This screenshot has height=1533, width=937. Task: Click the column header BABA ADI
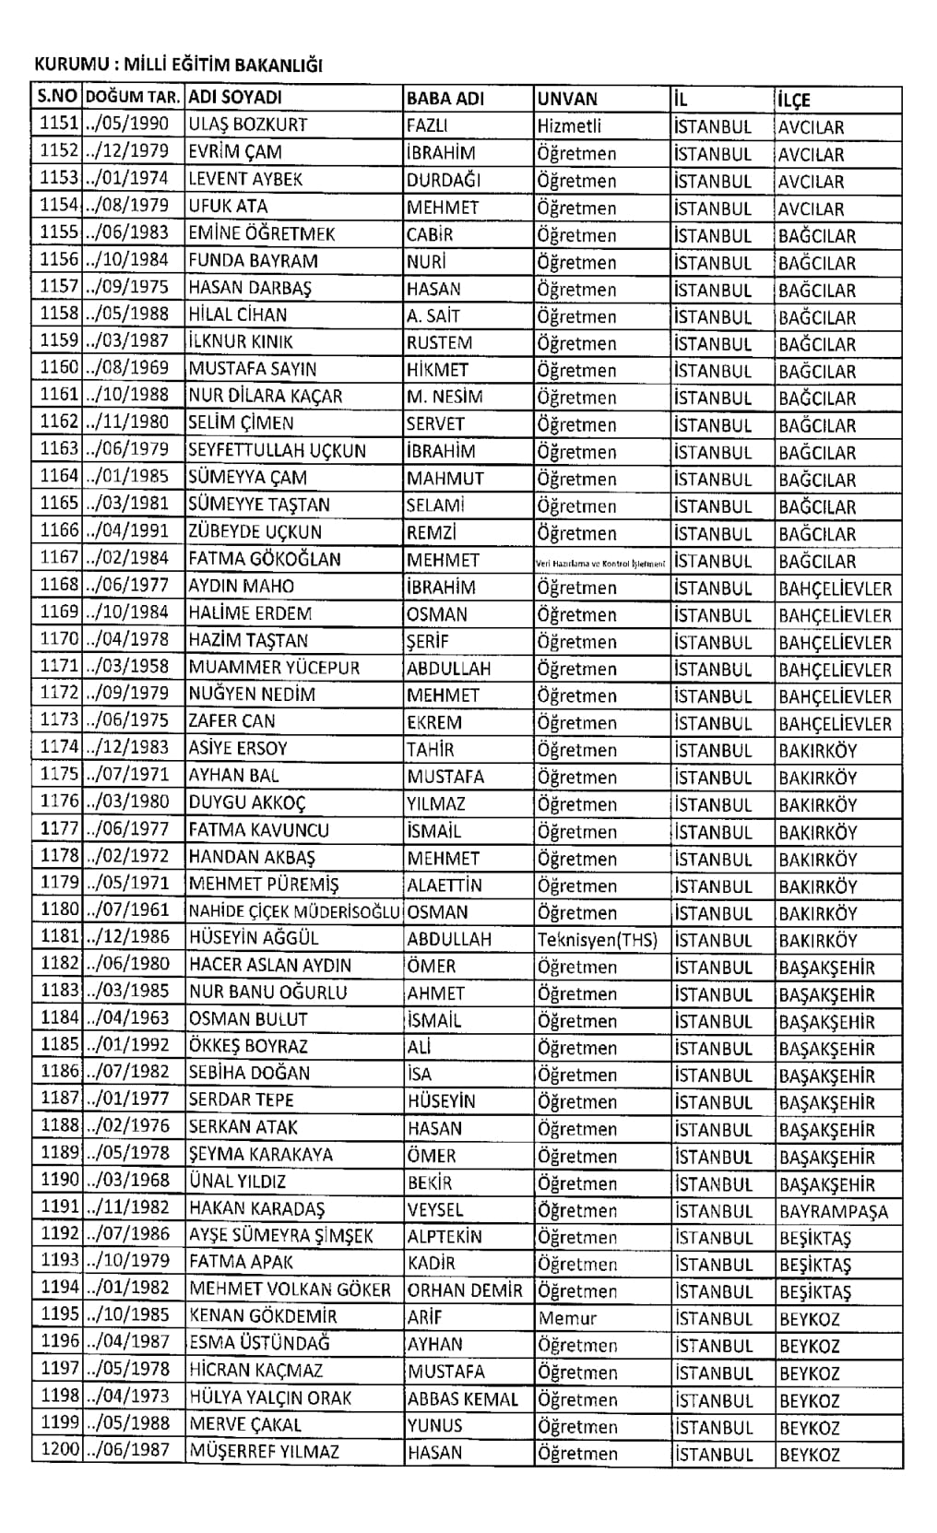coord(445,99)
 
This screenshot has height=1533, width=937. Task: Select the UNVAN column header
coord(567,99)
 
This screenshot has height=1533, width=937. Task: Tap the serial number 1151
coord(60,125)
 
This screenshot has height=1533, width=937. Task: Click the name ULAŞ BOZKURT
coord(247,125)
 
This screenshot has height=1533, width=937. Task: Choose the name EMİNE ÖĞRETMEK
coord(262,234)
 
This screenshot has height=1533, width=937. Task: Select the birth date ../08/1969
coord(127,368)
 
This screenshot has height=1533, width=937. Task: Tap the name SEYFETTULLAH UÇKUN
coord(277,451)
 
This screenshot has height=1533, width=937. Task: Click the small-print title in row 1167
coord(600,561)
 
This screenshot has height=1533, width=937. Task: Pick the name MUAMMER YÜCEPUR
coord(274,668)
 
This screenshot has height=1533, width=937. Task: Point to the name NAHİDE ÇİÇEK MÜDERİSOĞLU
coord(294,912)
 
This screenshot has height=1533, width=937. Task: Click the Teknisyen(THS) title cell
coord(598,940)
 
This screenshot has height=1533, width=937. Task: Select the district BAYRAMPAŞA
coord(834,1211)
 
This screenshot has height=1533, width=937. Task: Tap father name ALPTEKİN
coord(445,1237)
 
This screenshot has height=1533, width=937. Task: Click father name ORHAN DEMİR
coord(465,1291)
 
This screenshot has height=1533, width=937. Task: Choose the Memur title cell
coord(567,1319)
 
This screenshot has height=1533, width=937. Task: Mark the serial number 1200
coord(60,1450)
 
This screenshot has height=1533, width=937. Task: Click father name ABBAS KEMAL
coord(463,1399)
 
